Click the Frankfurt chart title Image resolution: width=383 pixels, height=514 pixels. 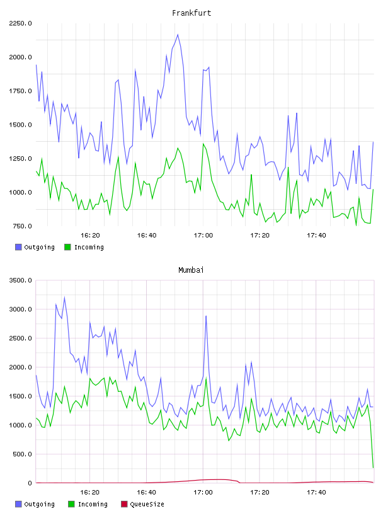click(191, 13)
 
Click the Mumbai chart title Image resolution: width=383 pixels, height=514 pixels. click(191, 270)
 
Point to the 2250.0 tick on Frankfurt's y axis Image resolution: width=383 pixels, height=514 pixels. click(20, 23)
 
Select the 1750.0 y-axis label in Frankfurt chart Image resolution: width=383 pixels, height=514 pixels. click(20, 91)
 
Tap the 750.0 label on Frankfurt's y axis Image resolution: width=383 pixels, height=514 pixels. click(22, 226)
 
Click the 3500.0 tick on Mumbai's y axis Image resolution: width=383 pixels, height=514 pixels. click(20, 280)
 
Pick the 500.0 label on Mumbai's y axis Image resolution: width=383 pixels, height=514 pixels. click(22, 454)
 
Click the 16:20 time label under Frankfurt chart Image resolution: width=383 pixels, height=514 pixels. click(90, 235)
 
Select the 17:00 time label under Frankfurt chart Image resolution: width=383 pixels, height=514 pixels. click(203, 235)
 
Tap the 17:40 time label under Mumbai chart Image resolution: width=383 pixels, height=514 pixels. click(316, 492)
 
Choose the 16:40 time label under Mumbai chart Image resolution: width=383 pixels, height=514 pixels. click(147, 492)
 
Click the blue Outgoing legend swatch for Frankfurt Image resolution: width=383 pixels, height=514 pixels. click(18, 247)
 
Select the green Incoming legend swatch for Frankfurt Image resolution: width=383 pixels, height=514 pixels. click(67, 247)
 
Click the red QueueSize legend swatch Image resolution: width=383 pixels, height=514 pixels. click(124, 504)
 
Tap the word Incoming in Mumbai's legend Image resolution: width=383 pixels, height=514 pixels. click(93, 504)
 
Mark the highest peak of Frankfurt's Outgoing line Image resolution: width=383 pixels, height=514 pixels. click(178, 35)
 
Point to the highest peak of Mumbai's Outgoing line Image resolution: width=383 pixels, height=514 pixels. click(64, 297)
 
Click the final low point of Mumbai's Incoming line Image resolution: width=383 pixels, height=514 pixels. click(373, 467)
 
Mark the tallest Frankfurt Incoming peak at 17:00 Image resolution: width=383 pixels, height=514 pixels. click(203, 144)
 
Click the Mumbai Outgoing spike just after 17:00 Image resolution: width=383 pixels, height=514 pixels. click(206, 316)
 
